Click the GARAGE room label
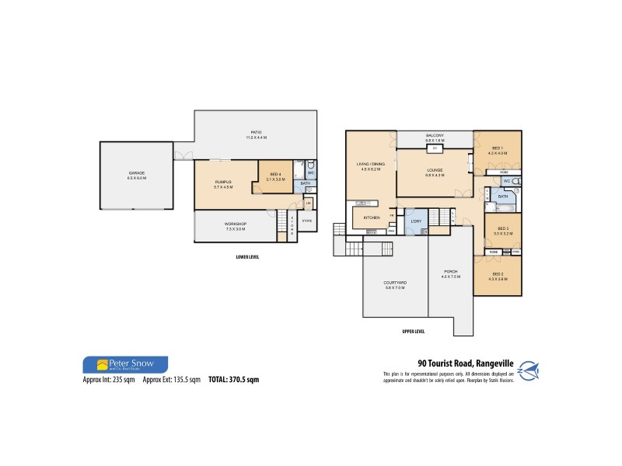[136, 172]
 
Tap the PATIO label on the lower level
[256, 132]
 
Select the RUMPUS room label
[224, 183]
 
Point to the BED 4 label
[276, 174]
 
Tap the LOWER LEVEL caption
[246, 256]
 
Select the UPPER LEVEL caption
[413, 331]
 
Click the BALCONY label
[435, 134]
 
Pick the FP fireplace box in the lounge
[435, 148]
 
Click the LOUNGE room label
[435, 170]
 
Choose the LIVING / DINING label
[371, 165]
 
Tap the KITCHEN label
[372, 217]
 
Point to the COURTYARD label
[395, 282]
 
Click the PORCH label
[450, 271]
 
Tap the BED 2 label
[498, 274]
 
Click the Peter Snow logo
[124, 364]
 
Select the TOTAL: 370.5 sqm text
[232, 380]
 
